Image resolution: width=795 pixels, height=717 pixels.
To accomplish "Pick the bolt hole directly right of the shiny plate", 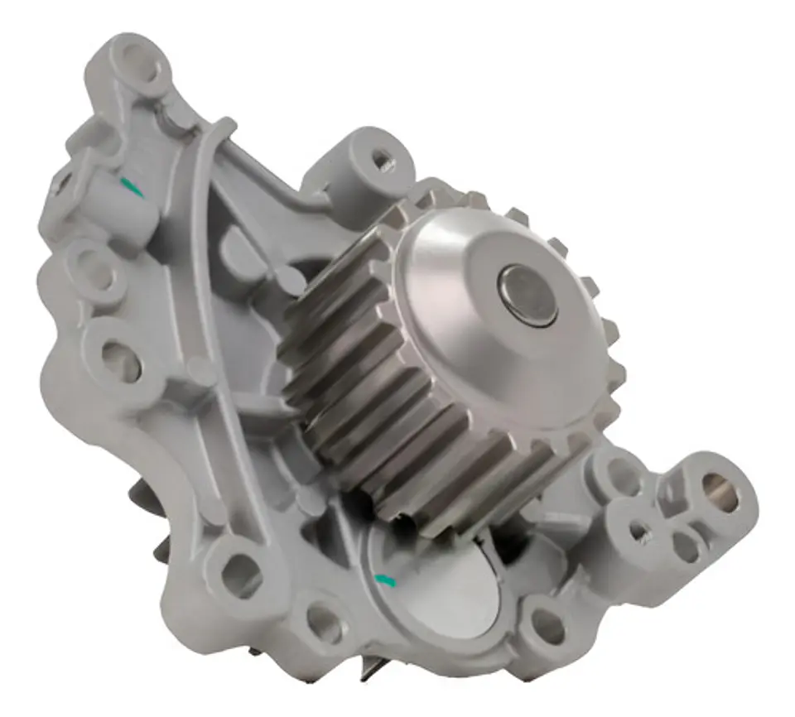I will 547,625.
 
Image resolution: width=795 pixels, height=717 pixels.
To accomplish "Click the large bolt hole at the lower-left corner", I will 241,571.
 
